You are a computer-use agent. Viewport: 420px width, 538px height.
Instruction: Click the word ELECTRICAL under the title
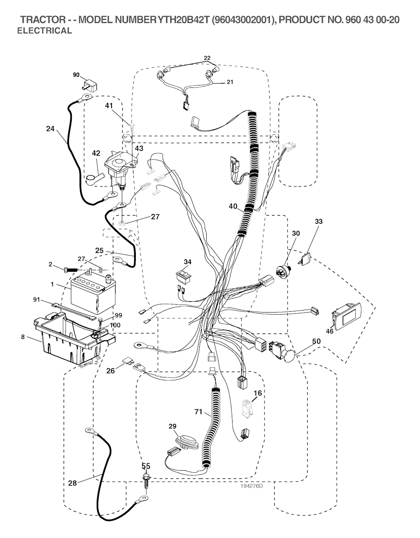point(44,31)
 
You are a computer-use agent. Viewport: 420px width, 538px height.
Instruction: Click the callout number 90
point(76,75)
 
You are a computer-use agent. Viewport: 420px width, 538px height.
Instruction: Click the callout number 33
point(319,221)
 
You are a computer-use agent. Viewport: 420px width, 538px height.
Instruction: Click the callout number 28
point(73,483)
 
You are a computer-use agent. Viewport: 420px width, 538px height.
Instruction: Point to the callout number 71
point(199,412)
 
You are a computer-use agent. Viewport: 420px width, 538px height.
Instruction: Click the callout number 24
point(50,129)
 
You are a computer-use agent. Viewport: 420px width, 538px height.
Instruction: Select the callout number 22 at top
point(207,58)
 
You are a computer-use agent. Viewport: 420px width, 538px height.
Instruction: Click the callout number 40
point(233,207)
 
